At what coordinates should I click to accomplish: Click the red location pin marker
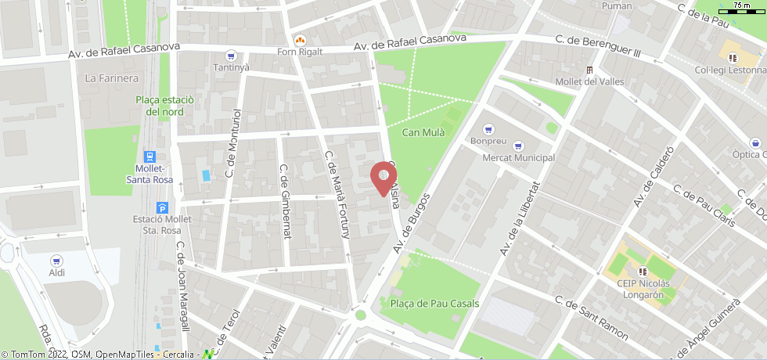(x=383, y=178)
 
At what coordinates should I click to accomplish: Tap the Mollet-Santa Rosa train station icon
(x=150, y=157)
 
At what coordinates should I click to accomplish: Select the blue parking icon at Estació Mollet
(x=162, y=207)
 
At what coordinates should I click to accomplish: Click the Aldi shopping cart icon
(x=56, y=260)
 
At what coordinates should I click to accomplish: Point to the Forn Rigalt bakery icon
(x=299, y=40)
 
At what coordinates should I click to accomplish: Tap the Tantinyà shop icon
(x=230, y=56)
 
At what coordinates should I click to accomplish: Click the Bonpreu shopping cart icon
(x=489, y=129)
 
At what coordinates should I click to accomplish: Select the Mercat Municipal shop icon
(x=517, y=146)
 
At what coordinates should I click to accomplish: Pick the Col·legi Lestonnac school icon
(x=733, y=57)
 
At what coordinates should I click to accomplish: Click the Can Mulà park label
(x=423, y=132)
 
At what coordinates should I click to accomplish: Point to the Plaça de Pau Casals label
(x=434, y=304)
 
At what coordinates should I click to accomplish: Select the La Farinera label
(x=112, y=77)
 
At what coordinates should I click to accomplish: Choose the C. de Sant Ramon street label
(x=591, y=317)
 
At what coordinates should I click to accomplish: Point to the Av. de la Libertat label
(x=520, y=219)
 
